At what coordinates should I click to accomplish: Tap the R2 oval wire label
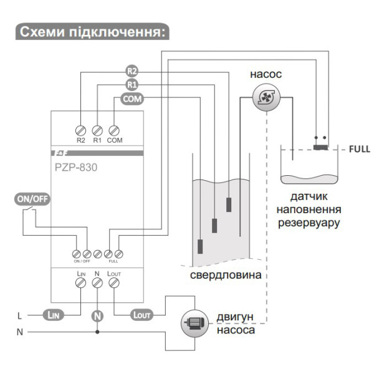(x=132, y=70)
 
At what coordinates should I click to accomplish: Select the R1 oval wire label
(x=132, y=84)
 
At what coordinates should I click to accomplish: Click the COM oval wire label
(x=132, y=98)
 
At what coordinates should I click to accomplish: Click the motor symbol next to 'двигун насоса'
(x=193, y=323)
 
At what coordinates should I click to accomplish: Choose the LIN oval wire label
(x=54, y=315)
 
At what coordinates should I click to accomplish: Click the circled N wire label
(x=97, y=315)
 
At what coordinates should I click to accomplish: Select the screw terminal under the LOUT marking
(x=113, y=283)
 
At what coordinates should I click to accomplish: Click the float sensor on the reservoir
(x=321, y=146)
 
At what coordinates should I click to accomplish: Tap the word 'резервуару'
(x=309, y=221)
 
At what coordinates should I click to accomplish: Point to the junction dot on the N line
(x=97, y=332)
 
